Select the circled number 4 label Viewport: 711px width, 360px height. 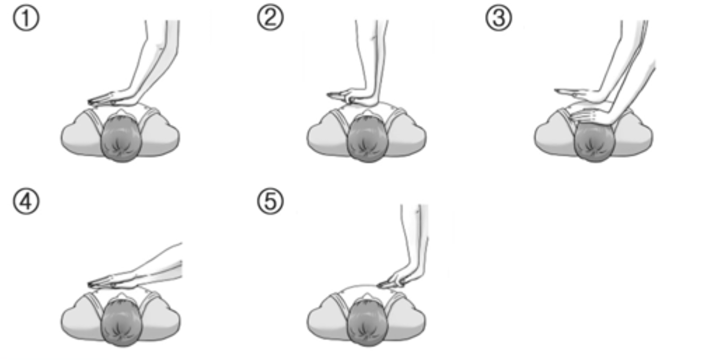point(26,202)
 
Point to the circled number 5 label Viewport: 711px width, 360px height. point(270,202)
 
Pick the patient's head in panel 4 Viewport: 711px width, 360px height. point(120,323)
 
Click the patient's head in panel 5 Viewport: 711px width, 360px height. point(367,323)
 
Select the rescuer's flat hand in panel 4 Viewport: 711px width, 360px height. point(110,282)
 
